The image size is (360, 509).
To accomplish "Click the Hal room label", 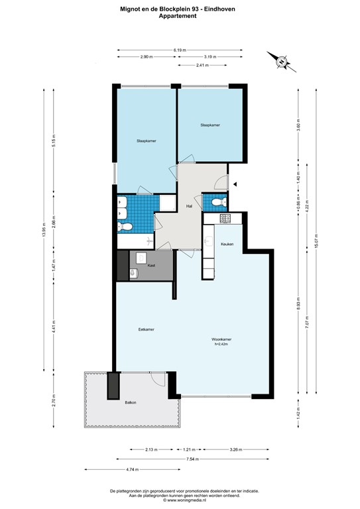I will [189, 207].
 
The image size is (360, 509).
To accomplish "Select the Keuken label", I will [227, 244].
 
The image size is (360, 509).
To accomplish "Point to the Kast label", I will [151, 265].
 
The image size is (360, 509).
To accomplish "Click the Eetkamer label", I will [146, 329].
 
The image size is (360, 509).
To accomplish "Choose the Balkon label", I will [131, 402].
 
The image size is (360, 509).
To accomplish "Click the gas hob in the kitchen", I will [225, 219].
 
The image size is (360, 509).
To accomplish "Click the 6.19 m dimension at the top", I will [179, 50].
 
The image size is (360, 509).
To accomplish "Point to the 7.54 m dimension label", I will [192, 459].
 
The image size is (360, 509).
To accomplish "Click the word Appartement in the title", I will [180, 17].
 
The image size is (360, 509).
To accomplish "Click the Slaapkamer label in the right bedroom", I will [210, 125].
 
